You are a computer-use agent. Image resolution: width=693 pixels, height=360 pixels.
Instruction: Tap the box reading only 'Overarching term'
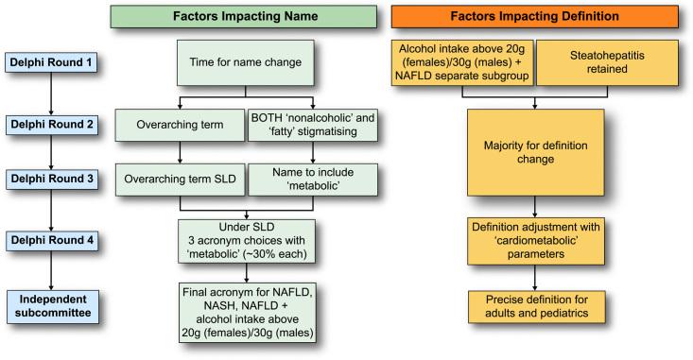[178, 124]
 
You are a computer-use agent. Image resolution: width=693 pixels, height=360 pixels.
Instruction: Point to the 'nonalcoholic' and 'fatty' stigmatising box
[311, 124]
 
